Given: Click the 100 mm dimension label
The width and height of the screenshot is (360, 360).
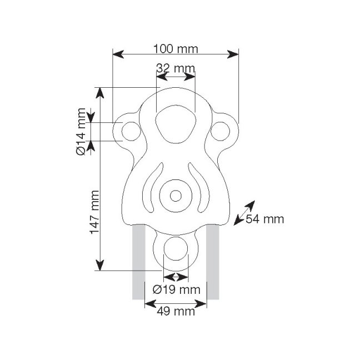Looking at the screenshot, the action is click(x=176, y=49).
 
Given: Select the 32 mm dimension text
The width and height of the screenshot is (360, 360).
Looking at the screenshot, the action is click(x=176, y=68).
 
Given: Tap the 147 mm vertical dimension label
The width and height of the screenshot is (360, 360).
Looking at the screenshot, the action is click(x=94, y=212).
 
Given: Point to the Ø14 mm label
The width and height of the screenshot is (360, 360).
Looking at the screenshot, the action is click(x=81, y=132).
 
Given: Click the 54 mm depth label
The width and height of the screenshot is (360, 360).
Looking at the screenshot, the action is click(x=264, y=219).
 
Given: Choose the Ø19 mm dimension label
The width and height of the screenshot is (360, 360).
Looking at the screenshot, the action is click(x=176, y=290).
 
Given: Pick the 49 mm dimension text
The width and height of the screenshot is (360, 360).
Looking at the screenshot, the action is click(x=176, y=312).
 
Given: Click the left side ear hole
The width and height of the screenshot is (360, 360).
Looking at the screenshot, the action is click(x=131, y=131).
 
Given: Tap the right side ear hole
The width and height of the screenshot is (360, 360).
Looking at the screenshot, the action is click(x=221, y=131).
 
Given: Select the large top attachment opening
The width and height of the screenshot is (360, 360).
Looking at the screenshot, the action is click(x=176, y=124).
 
